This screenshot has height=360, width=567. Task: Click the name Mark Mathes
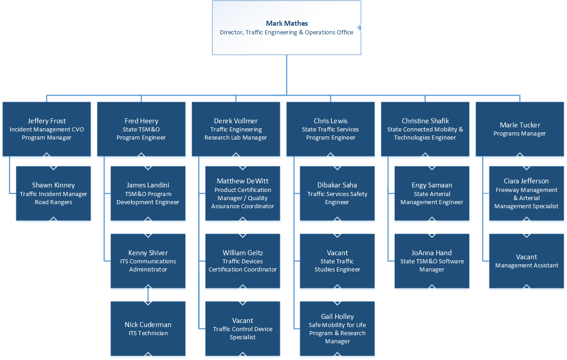pyautogui.click(x=287, y=23)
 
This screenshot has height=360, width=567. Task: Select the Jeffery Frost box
pyautogui.click(x=46, y=129)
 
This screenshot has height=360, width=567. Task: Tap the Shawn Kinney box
pyautogui.click(x=53, y=193)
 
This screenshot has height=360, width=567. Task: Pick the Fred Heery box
pyautogui.click(x=141, y=129)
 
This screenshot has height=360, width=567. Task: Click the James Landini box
pyautogui.click(x=148, y=193)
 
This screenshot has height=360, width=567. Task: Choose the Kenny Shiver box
pyautogui.click(x=148, y=261)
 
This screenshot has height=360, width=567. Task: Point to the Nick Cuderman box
pyautogui.click(x=148, y=328)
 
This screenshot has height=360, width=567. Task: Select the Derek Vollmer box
pyautogui.click(x=236, y=129)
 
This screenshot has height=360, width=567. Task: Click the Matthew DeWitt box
pyautogui.click(x=243, y=193)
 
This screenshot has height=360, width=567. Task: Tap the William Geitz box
pyautogui.click(x=243, y=261)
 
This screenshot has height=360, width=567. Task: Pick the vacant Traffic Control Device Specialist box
pyautogui.click(x=243, y=328)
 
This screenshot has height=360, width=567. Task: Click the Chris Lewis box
pyautogui.click(x=330, y=129)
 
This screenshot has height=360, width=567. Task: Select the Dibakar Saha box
pyautogui.click(x=337, y=193)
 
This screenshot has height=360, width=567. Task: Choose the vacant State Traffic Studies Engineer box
pyautogui.click(x=337, y=261)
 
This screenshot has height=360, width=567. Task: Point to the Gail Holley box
pyautogui.click(x=337, y=328)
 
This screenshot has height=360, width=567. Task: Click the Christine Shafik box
pyautogui.click(x=425, y=129)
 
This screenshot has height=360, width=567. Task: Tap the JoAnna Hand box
pyautogui.click(x=432, y=261)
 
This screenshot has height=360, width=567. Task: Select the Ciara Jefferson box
pyautogui.click(x=527, y=193)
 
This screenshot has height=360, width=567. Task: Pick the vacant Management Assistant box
pyautogui.click(x=527, y=261)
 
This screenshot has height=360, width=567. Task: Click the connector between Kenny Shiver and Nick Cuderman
pyautogui.click(x=148, y=295)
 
